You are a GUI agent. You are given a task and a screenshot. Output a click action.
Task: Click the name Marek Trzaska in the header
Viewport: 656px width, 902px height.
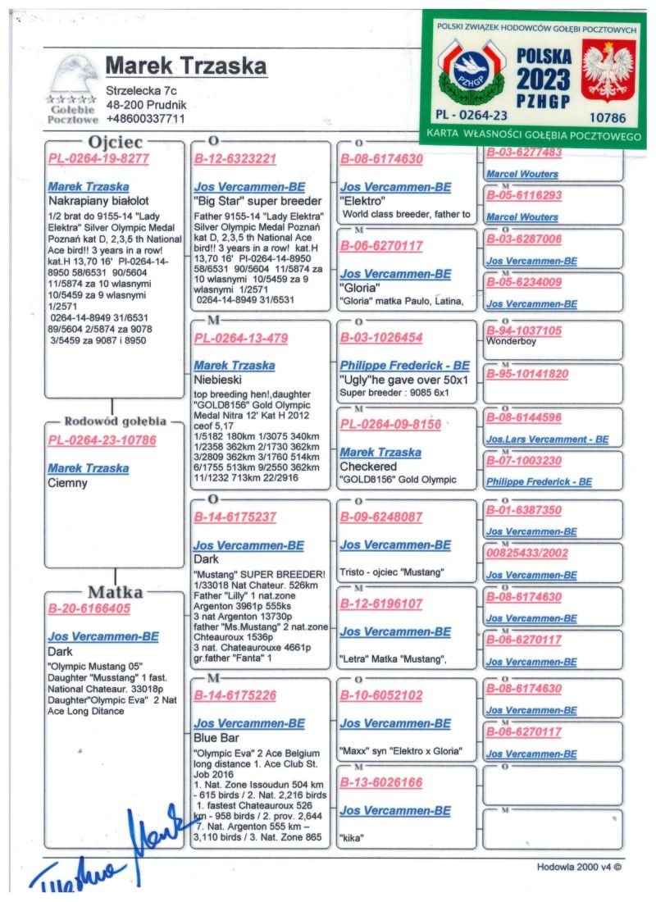tap(186, 66)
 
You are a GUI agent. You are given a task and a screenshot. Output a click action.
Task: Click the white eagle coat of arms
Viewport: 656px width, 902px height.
tap(608, 71)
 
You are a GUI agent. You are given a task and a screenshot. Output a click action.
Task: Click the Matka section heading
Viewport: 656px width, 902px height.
tap(115, 592)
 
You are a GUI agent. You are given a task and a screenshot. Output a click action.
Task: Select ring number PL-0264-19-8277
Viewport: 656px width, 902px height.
tap(98, 159)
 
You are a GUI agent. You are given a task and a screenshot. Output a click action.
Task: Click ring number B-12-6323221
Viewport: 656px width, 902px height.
tap(235, 159)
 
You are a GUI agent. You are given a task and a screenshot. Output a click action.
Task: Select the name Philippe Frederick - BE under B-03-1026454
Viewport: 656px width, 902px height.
tap(404, 366)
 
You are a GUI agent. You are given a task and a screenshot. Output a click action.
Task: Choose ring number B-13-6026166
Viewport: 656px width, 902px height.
tap(381, 783)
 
